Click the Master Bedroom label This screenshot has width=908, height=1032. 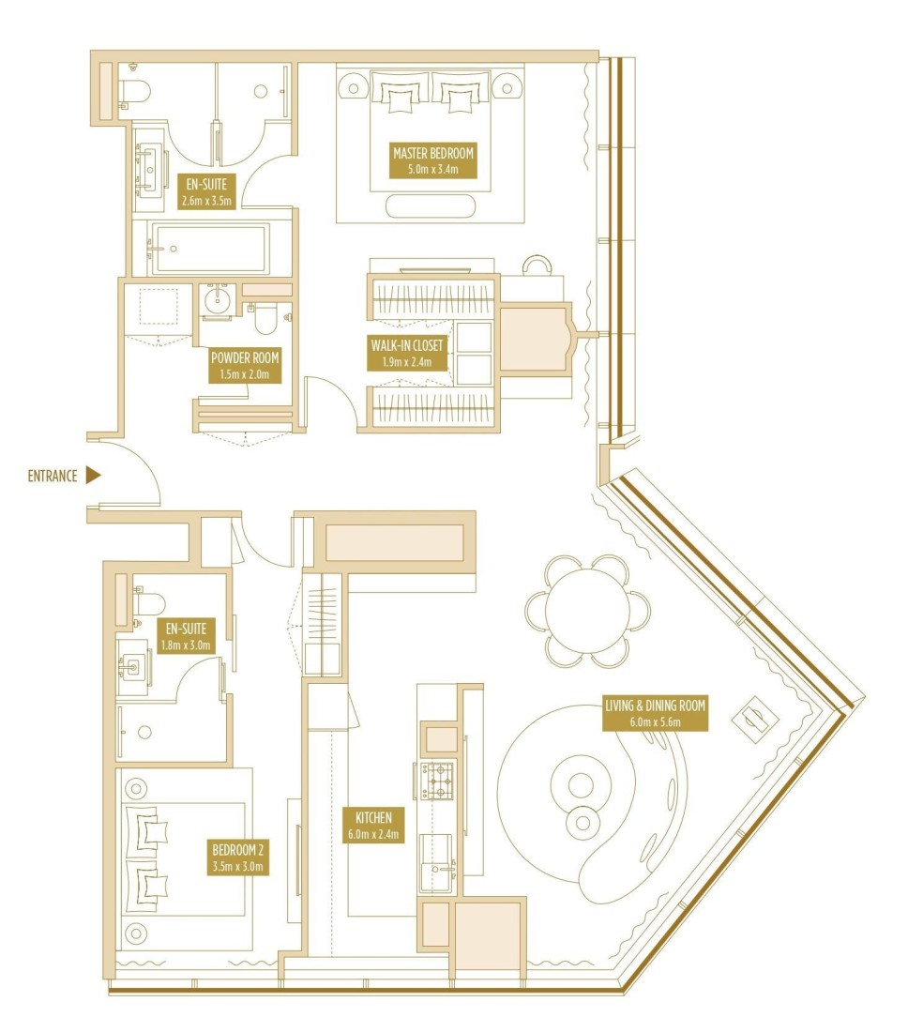pyautogui.click(x=433, y=160)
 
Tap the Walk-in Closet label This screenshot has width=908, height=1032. pyautogui.click(x=407, y=354)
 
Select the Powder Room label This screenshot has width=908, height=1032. pyautogui.click(x=245, y=366)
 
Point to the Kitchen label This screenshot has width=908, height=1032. pyautogui.click(x=373, y=826)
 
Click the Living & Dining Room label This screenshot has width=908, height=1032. pyautogui.click(x=656, y=713)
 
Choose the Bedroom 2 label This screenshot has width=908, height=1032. pyautogui.click(x=237, y=857)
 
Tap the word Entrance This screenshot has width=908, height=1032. pyautogui.click(x=53, y=476)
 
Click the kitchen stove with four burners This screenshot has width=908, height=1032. pyautogui.click(x=437, y=781)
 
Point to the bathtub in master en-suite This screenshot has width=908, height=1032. pyautogui.click(x=210, y=249)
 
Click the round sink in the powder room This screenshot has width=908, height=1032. pyautogui.click(x=216, y=301)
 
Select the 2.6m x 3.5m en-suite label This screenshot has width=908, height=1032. pyautogui.click(x=206, y=192)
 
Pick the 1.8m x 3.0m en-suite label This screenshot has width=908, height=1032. pyautogui.click(x=187, y=636)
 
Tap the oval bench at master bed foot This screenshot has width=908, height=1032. pyautogui.click(x=431, y=205)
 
